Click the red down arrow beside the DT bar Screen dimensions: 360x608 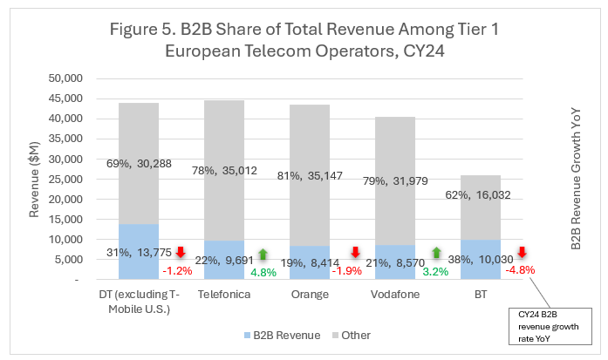(179, 253)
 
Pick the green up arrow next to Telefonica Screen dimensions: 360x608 (263, 253)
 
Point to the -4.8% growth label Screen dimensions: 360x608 (520, 269)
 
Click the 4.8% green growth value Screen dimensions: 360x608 (263, 271)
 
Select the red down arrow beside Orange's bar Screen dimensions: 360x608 (355, 253)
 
